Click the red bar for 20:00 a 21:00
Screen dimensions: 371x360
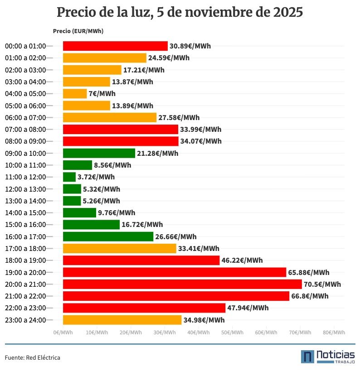182,284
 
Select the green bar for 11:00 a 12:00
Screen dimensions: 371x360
69,177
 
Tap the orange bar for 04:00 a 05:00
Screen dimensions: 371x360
74,94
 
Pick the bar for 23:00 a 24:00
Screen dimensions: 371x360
122,320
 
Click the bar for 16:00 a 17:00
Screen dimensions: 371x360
108,236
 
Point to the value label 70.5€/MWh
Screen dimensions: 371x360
322,284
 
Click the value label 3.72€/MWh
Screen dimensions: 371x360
96,177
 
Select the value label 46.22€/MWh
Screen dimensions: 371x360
242,260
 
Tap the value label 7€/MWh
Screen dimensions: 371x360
102,94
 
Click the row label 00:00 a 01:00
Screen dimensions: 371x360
25,46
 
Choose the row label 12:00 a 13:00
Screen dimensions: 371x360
25,189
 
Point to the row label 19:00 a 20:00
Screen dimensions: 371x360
25,272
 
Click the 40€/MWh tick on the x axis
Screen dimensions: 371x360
198,332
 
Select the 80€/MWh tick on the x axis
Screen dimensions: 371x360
334,332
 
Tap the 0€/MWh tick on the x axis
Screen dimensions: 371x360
63,332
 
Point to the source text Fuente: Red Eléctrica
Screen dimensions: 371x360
32,357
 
